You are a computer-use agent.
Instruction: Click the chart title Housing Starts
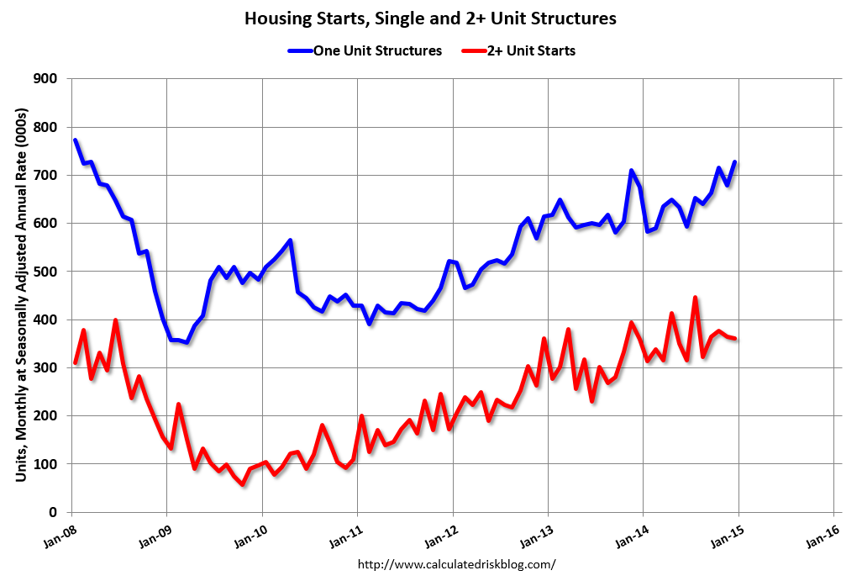click(x=430, y=18)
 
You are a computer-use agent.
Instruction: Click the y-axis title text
click(x=21, y=294)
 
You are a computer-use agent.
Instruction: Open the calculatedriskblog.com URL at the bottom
click(x=457, y=564)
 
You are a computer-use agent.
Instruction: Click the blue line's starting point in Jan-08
click(x=75, y=140)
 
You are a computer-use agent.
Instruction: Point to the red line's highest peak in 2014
click(x=695, y=298)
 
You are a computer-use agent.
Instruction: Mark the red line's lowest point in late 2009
click(x=243, y=484)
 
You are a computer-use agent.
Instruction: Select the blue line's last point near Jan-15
click(x=735, y=162)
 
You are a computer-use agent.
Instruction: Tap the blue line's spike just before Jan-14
click(x=631, y=171)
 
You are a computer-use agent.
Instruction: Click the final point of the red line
click(x=735, y=339)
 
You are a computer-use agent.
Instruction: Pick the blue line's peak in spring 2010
click(x=290, y=240)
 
